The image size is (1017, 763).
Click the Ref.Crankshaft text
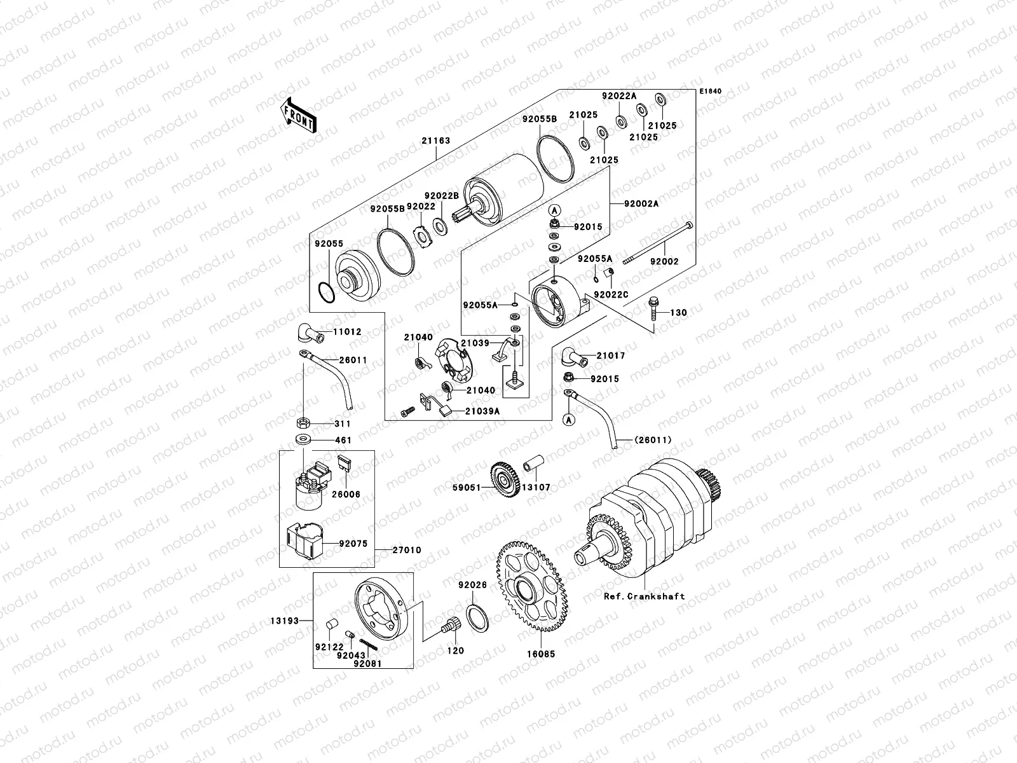point(645,596)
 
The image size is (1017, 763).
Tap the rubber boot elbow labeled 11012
point(308,332)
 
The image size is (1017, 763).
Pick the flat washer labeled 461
point(303,439)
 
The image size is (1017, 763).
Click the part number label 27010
point(407,550)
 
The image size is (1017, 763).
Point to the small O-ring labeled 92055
point(325,294)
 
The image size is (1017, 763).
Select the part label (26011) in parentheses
point(653,440)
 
